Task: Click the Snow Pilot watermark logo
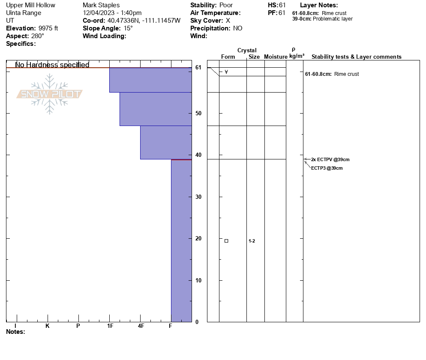pos(50,94)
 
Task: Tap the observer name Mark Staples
pos(101,5)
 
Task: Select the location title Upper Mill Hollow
pos(30,5)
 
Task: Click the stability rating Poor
pos(226,5)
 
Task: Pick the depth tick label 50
pos(198,113)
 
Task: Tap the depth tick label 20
pos(198,238)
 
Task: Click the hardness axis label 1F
pos(110,326)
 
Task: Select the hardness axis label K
pos(48,326)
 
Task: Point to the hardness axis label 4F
pos(141,326)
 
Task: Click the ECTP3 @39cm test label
pos(327,168)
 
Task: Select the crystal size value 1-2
pos(252,241)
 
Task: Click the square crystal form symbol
pos(226,241)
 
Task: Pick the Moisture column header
pos(276,57)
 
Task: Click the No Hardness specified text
pos(52,65)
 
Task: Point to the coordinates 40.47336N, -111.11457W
pos(144,21)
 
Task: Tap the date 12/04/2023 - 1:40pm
pos(112,13)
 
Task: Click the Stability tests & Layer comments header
pos(356,57)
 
